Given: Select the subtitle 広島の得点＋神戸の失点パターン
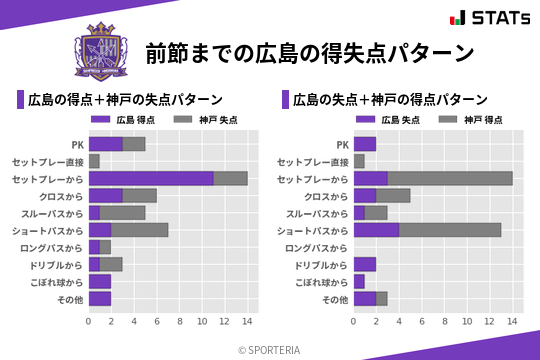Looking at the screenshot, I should (x=125, y=100).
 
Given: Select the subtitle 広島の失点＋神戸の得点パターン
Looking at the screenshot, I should (x=390, y=100).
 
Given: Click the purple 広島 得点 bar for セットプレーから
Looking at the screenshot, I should (x=151, y=178).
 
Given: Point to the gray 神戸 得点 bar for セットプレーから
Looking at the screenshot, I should (x=450, y=178).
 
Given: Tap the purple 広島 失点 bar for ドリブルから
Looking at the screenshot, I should (x=365, y=264).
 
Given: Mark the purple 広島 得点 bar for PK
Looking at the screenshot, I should (x=105, y=144).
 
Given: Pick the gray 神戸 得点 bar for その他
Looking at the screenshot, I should (x=382, y=299).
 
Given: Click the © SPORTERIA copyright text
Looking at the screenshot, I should (x=270, y=349).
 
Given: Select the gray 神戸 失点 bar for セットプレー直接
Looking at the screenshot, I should (x=94, y=161).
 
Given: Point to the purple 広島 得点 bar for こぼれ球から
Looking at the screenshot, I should (x=100, y=282).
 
